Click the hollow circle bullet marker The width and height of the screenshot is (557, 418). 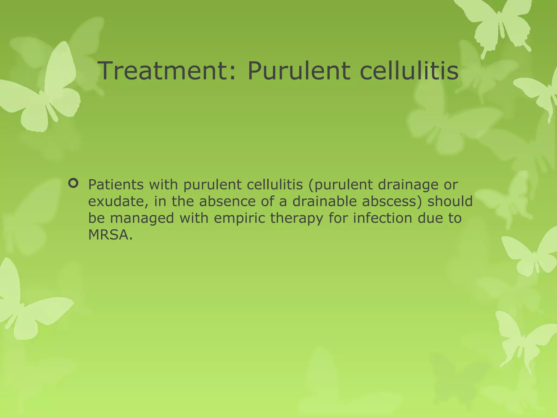[x=73, y=183]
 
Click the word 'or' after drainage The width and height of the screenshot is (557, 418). [x=451, y=185]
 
